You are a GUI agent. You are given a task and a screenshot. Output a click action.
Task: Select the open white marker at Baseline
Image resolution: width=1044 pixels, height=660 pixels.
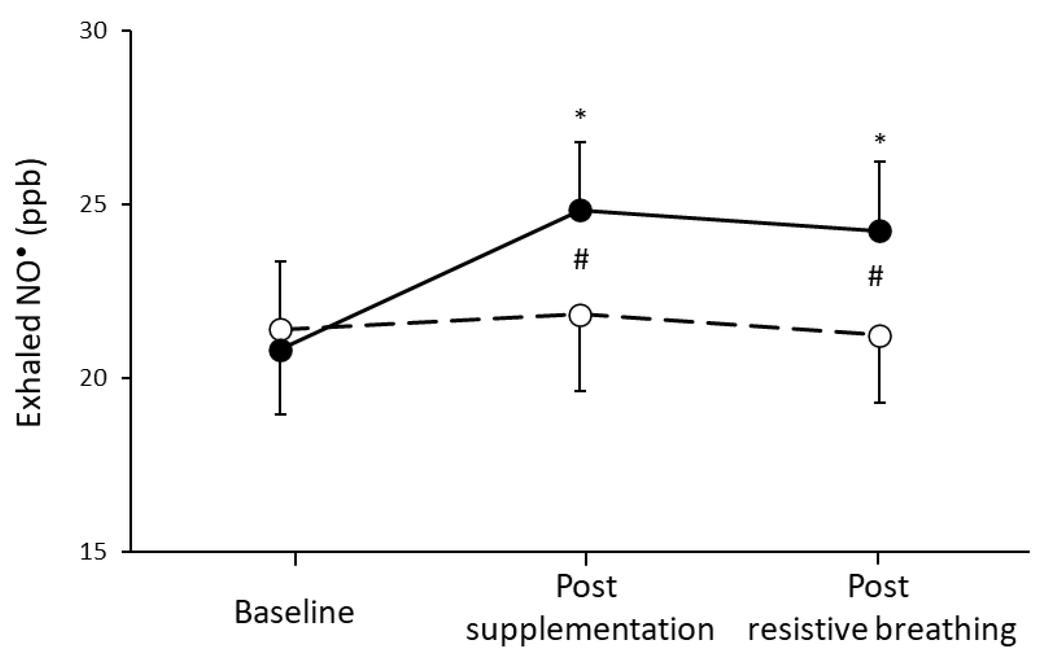click(281, 329)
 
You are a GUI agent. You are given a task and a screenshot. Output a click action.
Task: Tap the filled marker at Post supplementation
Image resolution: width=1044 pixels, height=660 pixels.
click(580, 211)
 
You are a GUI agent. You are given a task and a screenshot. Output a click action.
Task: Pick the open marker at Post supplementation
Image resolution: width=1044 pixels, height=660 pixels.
click(580, 315)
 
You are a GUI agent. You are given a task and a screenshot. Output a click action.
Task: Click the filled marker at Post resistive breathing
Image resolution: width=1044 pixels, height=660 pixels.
click(880, 232)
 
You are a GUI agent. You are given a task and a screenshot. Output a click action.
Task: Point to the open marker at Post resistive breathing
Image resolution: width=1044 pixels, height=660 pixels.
click(880, 336)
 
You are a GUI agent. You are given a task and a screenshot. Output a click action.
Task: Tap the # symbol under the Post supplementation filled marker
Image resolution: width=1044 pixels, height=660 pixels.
click(581, 260)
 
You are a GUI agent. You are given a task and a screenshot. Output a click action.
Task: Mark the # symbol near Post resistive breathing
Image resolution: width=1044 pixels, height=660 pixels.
click(875, 278)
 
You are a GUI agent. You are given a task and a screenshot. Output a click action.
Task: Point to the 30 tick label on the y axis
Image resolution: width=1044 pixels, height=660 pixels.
click(93, 31)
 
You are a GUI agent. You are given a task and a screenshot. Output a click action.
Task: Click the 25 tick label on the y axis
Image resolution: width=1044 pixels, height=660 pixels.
click(93, 205)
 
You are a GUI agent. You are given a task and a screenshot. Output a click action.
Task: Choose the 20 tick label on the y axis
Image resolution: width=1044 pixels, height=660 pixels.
click(93, 378)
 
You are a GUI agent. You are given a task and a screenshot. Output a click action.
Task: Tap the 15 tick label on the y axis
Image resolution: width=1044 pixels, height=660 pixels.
click(93, 552)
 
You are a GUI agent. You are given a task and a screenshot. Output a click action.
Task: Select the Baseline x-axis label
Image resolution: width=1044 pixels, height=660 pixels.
click(294, 612)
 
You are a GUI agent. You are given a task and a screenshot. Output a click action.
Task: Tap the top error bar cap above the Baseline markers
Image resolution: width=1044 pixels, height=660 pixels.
click(281, 261)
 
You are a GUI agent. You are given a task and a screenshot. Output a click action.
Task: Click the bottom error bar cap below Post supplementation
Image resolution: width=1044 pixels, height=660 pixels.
click(580, 391)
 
